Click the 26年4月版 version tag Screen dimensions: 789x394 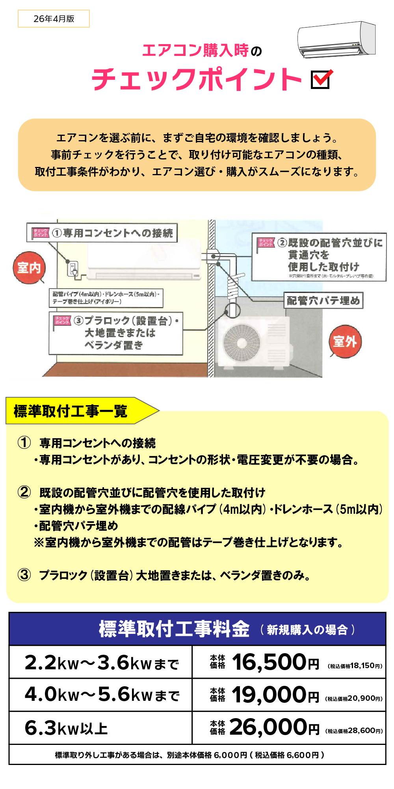(54, 19)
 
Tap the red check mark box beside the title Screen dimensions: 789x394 (321, 80)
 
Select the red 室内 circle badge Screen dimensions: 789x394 (29, 268)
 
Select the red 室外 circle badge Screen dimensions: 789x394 (345, 341)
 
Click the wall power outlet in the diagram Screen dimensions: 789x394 (73, 269)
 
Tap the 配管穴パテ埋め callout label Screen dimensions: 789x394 (323, 301)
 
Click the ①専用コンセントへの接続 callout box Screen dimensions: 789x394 (102, 233)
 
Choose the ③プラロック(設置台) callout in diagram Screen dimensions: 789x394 (116, 333)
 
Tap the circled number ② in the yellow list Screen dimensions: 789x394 (24, 492)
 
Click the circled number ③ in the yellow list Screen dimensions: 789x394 (24, 575)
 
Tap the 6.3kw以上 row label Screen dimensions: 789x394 (66, 728)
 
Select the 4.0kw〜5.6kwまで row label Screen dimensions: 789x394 (102, 695)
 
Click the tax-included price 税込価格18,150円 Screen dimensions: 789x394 (355, 666)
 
